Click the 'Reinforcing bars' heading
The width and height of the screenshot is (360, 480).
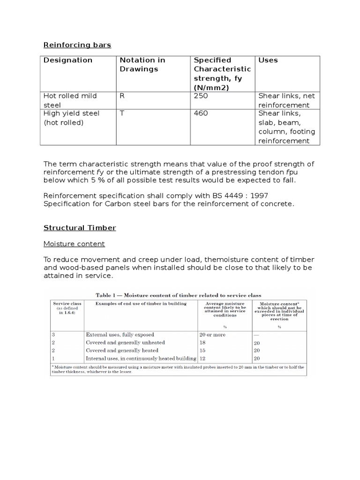pos(77,45)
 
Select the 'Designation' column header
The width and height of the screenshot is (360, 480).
pos(68,60)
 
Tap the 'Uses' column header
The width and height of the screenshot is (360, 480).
pos(268,60)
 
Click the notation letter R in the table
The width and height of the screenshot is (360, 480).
pos(122,96)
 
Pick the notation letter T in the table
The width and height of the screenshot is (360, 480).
pos(122,113)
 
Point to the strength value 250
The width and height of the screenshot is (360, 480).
pos(201,96)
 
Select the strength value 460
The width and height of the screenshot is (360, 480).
pos(201,113)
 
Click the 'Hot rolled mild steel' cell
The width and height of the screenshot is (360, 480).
pos(70,100)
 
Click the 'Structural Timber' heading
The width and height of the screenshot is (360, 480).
pos(80,228)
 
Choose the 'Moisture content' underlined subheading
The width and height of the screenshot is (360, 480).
pos(74,244)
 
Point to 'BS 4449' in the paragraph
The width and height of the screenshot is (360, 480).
pos(217,195)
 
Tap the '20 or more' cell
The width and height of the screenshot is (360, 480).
pos(212,335)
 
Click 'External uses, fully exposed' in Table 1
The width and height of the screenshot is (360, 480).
pos(121,335)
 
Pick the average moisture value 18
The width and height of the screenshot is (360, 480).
pos(203,343)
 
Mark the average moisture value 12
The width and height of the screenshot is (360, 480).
pos(203,358)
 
